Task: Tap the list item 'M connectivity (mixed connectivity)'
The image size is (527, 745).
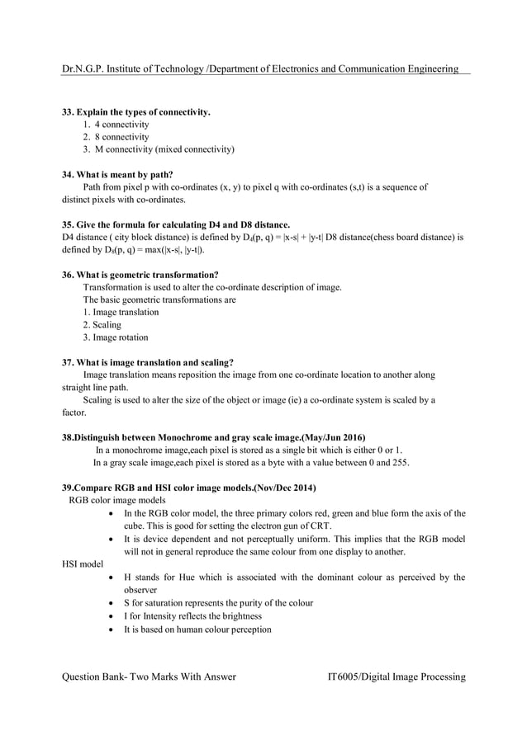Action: [164, 149]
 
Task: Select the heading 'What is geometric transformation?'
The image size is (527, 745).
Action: [140, 274]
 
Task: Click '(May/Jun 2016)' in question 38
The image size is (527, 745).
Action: [330, 436]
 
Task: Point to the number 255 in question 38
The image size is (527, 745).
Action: [400, 463]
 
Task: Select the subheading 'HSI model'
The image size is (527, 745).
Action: [83, 564]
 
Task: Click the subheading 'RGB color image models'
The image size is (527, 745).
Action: [116, 500]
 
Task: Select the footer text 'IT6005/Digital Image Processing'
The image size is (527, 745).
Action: [396, 677]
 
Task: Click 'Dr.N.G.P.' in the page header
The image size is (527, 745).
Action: [84, 68]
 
